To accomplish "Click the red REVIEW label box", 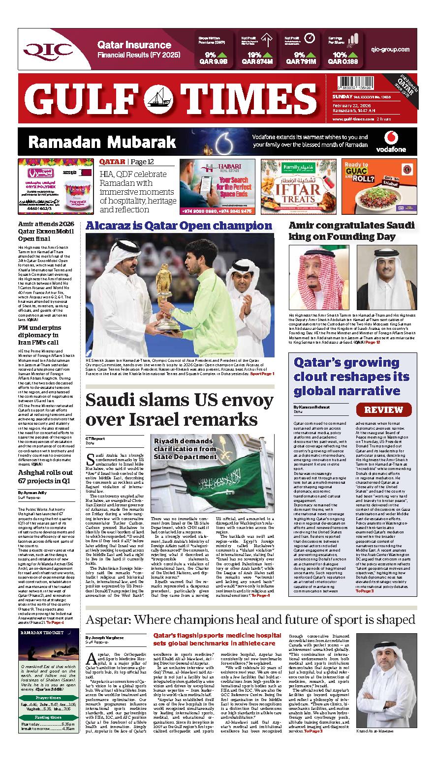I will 384,410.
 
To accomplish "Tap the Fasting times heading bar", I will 48,717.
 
